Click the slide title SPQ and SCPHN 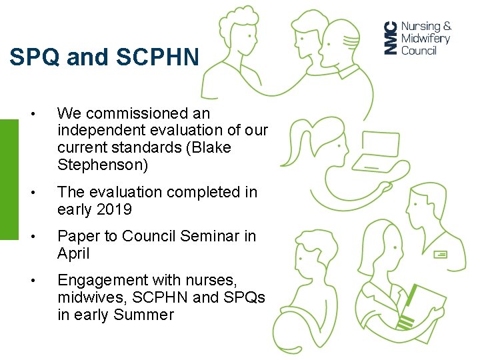104,57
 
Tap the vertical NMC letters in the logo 391,38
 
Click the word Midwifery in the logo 425,39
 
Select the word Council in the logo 419,51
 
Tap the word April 73,253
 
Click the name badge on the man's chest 441,254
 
